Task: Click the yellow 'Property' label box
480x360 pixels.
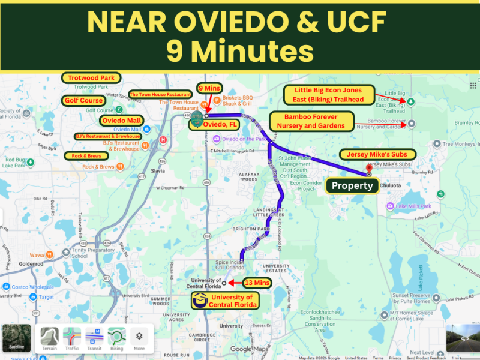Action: coord(352,185)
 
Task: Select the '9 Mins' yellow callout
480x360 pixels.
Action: coord(209,88)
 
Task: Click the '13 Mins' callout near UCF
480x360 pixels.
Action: coord(257,283)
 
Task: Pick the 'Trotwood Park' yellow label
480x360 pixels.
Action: coord(91,78)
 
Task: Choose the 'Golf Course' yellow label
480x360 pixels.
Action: coord(84,101)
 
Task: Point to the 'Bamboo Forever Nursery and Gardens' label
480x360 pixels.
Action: coord(311,121)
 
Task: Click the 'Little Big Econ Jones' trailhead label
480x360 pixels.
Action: coord(329,94)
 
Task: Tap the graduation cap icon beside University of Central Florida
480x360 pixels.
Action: coord(199,301)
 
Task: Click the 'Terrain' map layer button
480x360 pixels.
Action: coord(50,340)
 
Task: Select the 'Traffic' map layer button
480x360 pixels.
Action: coord(72,340)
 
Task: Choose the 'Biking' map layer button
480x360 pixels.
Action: coord(116,340)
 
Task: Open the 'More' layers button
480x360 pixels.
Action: coord(139,340)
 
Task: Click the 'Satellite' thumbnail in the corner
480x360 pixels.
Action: coord(16,339)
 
